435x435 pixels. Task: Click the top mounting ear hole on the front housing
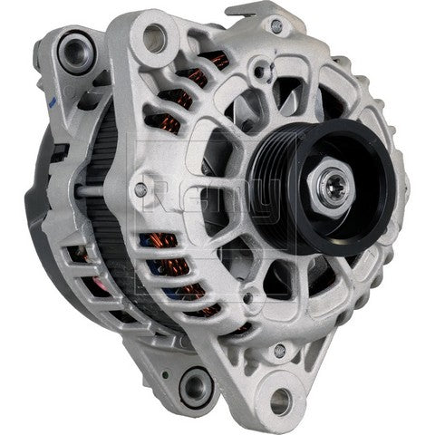[x=156, y=36]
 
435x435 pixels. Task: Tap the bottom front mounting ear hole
[x=281, y=396]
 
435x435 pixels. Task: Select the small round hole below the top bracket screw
[x=264, y=91]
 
